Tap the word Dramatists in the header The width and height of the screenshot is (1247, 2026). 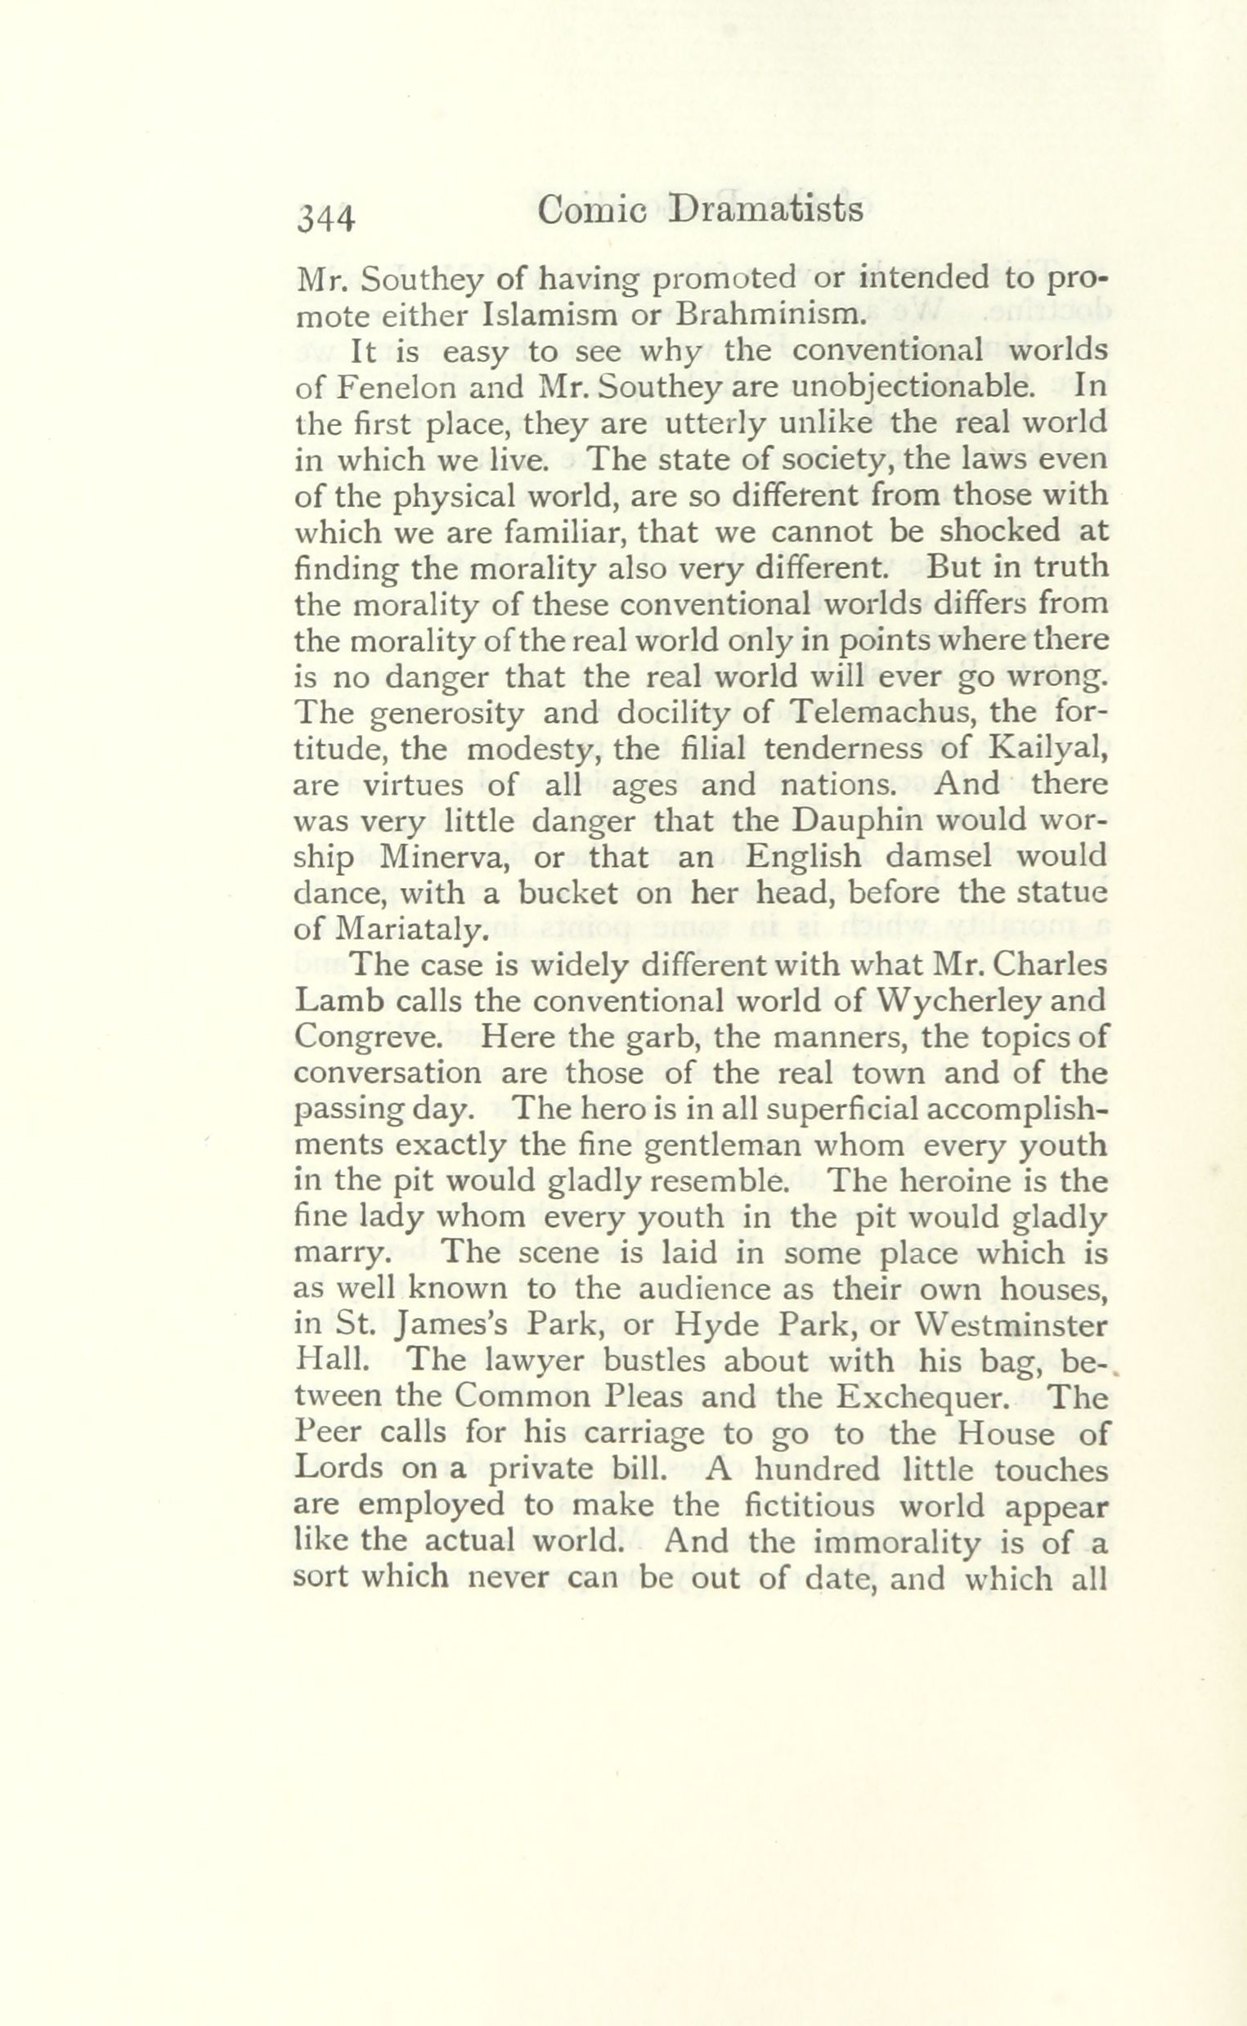767,212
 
